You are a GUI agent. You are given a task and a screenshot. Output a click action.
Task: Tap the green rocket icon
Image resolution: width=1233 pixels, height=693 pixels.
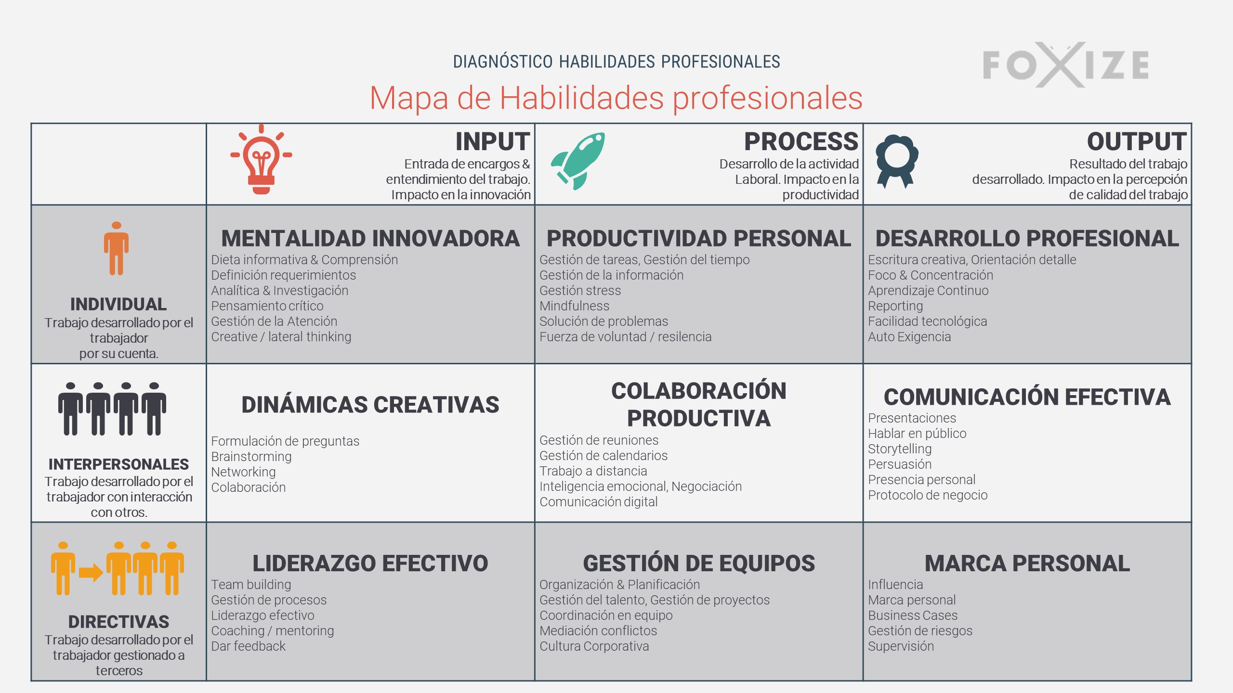pos(578,161)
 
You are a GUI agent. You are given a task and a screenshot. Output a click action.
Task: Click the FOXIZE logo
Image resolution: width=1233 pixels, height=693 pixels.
pos(1066,64)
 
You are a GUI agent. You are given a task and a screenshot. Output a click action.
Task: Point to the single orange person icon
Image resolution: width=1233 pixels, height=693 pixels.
pos(116,248)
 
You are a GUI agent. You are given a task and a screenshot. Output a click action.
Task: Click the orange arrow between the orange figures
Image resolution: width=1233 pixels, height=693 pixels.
pos(91,572)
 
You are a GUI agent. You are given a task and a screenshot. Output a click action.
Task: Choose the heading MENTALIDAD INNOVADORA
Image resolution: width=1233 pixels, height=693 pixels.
pos(370,238)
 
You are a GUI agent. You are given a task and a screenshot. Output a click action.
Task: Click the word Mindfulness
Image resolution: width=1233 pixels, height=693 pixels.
pos(574,306)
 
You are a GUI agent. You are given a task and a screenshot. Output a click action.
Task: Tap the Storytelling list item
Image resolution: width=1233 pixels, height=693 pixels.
pos(900,449)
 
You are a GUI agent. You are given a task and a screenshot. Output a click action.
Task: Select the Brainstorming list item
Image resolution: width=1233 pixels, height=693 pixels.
pos(251,457)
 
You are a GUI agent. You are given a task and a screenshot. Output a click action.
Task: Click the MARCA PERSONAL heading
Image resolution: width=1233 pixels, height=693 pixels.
pos(1027,563)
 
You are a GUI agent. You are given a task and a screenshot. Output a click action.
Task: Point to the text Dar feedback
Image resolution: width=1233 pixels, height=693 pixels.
pos(249,646)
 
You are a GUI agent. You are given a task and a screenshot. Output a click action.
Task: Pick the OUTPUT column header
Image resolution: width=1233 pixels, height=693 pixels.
pos(1137,141)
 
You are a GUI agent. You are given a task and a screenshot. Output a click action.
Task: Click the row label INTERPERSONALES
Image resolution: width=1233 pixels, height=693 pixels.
pos(118,464)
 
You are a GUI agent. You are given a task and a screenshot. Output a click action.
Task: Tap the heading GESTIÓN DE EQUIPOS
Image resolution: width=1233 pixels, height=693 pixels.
pos(699,563)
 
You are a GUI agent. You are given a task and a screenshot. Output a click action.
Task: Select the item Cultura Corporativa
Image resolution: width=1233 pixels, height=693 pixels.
pos(594,646)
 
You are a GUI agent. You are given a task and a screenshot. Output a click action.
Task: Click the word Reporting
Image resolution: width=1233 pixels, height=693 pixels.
pos(895,307)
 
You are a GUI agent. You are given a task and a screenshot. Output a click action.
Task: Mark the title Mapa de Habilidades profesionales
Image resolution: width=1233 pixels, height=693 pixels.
pos(616,98)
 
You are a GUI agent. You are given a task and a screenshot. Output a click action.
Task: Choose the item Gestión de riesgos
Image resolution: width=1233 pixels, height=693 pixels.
pos(920,631)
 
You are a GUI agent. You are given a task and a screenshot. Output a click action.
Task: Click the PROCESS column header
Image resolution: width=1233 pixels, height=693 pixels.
pos(801,141)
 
